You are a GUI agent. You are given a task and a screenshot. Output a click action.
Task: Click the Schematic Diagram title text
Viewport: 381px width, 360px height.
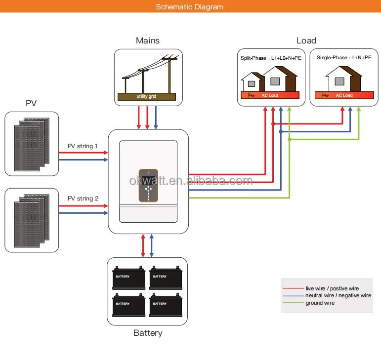190,7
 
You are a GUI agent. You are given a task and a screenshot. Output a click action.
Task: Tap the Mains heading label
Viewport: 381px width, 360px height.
148,40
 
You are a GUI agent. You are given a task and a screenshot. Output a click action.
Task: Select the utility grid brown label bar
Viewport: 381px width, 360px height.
146,96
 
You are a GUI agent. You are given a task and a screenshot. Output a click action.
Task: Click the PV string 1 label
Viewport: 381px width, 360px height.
83,146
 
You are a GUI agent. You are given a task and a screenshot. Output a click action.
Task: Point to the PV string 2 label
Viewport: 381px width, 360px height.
83,199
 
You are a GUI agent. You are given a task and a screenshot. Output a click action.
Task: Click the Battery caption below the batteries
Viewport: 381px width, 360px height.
148,333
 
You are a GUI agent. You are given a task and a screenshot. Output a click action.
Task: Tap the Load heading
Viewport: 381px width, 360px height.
306,40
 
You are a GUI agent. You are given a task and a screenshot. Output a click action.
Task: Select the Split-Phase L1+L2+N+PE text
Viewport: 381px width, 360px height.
271,58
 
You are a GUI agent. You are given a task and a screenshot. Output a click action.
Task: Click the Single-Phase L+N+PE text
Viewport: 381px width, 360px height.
344,58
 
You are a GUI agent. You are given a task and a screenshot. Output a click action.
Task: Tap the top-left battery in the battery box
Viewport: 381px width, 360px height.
129,279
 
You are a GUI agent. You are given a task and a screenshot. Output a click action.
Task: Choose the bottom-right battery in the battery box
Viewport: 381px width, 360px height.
166,306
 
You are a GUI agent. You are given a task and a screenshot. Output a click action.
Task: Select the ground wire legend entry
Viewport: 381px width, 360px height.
320,303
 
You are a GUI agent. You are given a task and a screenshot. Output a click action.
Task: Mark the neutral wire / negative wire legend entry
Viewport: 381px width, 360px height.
338,295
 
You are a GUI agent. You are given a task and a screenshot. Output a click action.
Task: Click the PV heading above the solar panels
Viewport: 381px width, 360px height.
31,103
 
